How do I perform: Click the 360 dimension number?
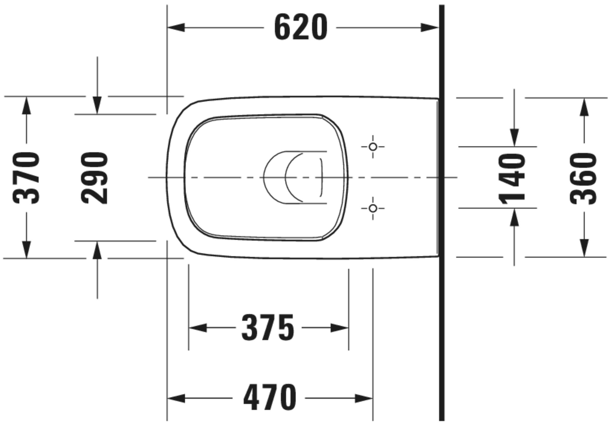point(583,178)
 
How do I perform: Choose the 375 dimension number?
point(268,328)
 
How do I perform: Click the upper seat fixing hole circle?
point(373,147)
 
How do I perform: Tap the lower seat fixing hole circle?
point(373,208)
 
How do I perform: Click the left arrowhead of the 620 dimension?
point(176,27)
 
